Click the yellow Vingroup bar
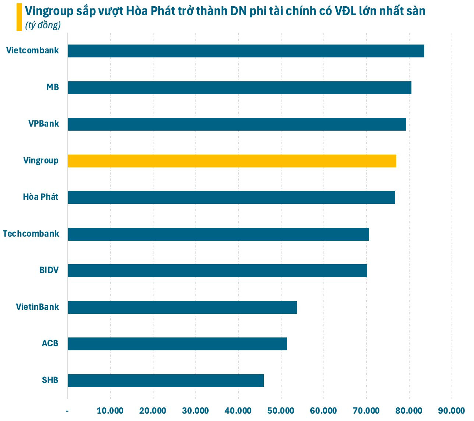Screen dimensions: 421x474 point(232,161)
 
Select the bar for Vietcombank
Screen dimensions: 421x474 point(246,51)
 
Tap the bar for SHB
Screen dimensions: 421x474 point(166,381)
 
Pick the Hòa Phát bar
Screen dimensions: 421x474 point(231,197)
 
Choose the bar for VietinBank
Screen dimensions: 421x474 point(182,307)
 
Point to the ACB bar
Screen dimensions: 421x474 point(177,344)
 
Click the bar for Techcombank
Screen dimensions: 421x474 point(218,234)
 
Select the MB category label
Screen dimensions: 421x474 point(53,88)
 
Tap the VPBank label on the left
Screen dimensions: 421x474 point(44,124)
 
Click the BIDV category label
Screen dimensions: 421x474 point(49,270)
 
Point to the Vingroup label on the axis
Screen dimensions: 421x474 point(41,160)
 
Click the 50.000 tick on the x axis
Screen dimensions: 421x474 point(281,411)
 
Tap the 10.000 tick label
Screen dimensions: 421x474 point(110,411)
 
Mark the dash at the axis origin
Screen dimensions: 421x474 point(67,411)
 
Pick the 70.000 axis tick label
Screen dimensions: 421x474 point(367,411)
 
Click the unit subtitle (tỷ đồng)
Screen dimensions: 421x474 point(43,25)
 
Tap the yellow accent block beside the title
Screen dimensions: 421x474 point(19,17)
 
